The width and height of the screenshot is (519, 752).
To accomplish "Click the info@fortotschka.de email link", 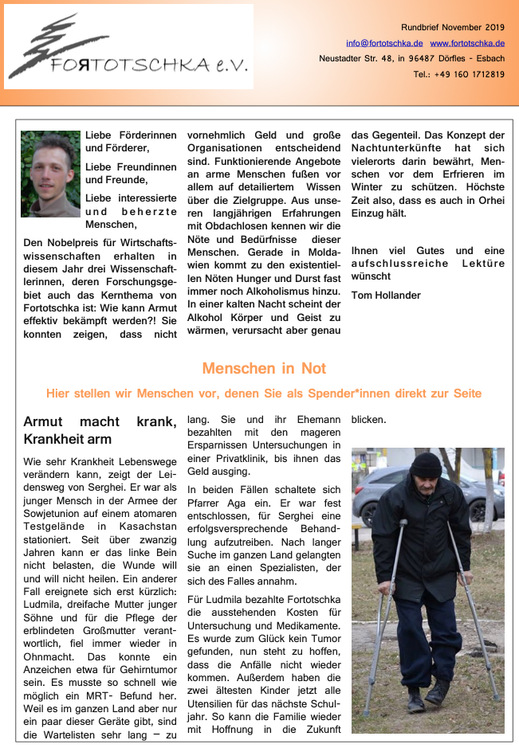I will click(x=384, y=43).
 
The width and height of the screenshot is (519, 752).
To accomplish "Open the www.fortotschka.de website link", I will click(x=467, y=43).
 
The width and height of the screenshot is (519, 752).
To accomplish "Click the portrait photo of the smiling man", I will click(x=50, y=174).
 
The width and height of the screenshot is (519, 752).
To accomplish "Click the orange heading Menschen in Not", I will click(x=264, y=368).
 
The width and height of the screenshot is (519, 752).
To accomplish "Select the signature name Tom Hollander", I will click(x=387, y=296).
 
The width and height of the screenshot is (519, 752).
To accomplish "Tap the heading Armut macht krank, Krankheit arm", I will click(x=100, y=429).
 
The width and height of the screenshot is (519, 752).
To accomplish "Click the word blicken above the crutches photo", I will click(x=369, y=419).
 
